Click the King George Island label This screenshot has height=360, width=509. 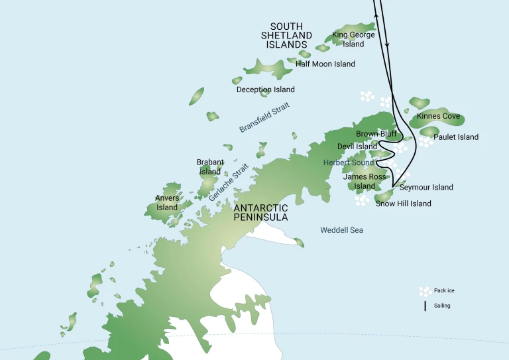[353, 40]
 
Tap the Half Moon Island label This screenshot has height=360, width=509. [325, 64]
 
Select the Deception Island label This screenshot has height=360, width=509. [265, 90]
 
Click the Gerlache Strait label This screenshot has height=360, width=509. [227, 182]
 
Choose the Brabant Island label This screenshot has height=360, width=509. [210, 166]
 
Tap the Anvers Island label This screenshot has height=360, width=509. [167, 202]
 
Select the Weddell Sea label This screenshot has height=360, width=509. [341, 230]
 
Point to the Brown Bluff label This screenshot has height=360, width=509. [376, 134]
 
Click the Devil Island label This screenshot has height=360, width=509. [357, 147]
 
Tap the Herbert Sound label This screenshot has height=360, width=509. [349, 162]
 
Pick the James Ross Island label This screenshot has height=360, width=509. [364, 182]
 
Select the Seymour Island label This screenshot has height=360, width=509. [426, 188]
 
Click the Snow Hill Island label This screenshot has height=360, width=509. [403, 204]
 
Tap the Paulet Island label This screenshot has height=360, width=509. [456, 137]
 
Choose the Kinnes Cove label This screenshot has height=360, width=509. [438, 116]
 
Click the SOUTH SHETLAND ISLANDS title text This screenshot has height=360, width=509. [286, 36]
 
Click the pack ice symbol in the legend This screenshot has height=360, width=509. [424, 291]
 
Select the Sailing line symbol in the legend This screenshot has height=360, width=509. [425, 306]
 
